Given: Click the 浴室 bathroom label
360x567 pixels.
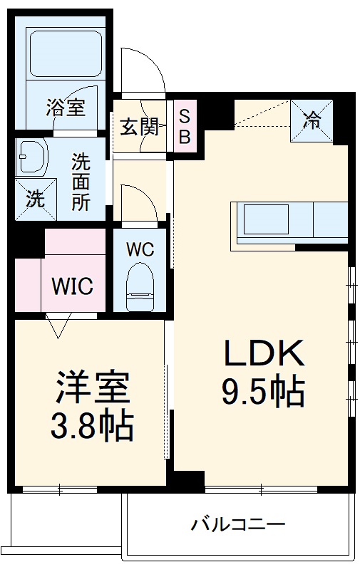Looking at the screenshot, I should (x=66, y=108).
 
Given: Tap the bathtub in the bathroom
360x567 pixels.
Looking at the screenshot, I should (x=66, y=53).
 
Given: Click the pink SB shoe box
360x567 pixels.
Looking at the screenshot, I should (x=184, y=126).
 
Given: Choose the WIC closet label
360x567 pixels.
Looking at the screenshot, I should (x=71, y=287).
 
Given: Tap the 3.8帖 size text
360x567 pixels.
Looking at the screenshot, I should (x=91, y=427).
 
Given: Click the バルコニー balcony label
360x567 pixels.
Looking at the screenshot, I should (x=238, y=526).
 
